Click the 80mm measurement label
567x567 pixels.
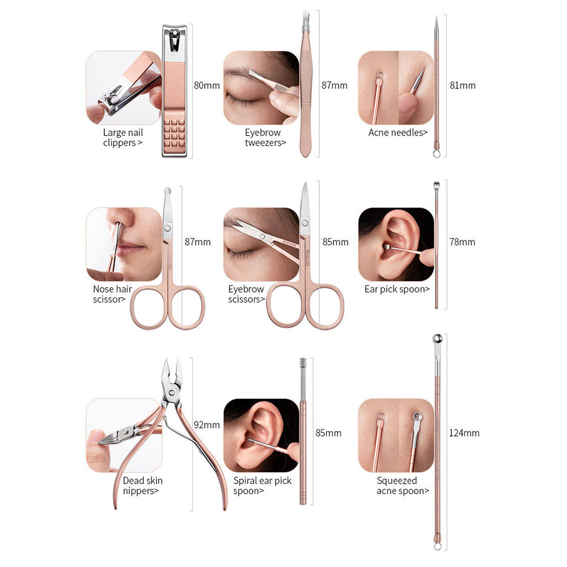point(206,86)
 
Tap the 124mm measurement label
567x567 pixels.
point(464,433)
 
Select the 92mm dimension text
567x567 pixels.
point(206,425)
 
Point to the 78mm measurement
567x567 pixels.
point(462,242)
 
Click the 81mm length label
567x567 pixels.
point(463,86)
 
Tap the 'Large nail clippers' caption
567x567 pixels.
point(123,137)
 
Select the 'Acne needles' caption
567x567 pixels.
point(398,133)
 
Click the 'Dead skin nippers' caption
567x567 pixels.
point(142,486)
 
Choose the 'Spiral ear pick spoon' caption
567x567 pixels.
point(262,486)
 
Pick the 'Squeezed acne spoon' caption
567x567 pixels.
point(403,486)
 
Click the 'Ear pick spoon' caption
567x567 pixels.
point(397,289)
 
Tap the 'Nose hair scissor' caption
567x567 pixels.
point(112,294)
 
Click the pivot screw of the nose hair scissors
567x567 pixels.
point(167,228)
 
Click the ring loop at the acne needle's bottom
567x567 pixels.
point(437,154)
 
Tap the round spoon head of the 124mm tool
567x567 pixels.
point(437,339)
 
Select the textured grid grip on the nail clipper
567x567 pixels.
point(175,132)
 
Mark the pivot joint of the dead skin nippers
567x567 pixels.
point(172,391)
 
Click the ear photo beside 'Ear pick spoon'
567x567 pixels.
point(396,244)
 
